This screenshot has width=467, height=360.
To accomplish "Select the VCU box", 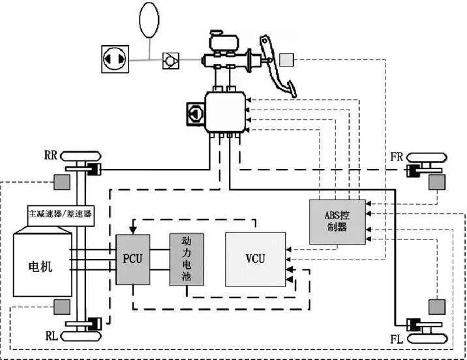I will pyautogui.click(x=255, y=259).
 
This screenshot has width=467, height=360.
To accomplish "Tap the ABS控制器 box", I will pyautogui.click(x=337, y=222).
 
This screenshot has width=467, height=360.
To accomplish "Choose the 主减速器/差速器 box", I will pyautogui.click(x=61, y=213).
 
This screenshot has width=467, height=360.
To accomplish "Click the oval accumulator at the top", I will pyautogui.click(x=151, y=20).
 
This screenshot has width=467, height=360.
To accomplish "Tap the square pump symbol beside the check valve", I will pyautogui.click(x=115, y=59).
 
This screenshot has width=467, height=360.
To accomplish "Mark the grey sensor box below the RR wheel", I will pyautogui.click(x=62, y=183).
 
